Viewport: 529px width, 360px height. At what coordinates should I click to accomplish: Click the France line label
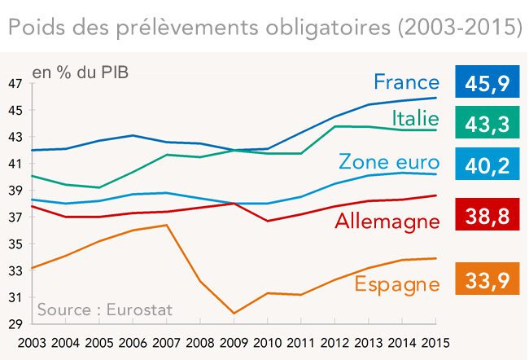(x=406, y=82)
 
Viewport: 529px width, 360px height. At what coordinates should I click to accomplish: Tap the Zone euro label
(x=388, y=161)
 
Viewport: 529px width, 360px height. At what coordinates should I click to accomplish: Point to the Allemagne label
(x=387, y=221)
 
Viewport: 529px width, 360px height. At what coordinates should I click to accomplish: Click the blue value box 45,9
(x=488, y=82)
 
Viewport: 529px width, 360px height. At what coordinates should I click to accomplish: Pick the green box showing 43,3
(x=488, y=123)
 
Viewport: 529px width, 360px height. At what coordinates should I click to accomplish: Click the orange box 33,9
(x=488, y=281)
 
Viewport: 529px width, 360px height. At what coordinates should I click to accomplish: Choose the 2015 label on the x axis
(x=435, y=342)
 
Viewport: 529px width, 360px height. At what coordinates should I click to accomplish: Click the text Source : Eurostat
(x=105, y=310)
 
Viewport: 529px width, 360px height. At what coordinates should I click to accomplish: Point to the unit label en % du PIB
(x=80, y=72)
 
